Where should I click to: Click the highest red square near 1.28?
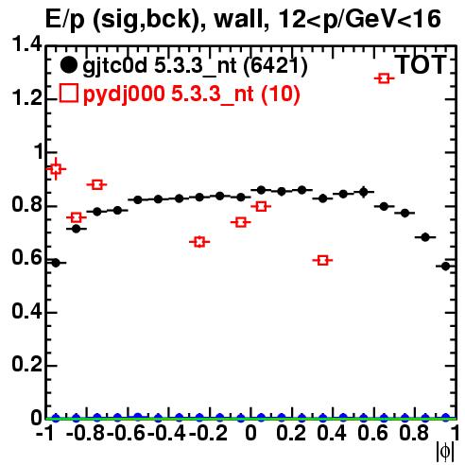tap(384, 78)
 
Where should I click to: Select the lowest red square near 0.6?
tap(322, 260)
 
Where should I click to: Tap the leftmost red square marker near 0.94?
tap(56, 169)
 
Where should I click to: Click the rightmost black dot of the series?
tap(445, 267)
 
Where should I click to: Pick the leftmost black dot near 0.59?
tap(56, 263)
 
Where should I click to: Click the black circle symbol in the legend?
tap(68, 65)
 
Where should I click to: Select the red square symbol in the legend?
tap(69, 94)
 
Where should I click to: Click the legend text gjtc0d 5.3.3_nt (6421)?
tap(195, 66)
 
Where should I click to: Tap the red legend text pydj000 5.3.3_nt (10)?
tap(192, 95)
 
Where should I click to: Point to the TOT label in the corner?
tap(421, 64)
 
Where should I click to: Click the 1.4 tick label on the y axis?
tap(26, 44)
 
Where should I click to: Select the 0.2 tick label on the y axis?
tap(26, 365)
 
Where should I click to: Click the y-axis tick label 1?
tap(37, 151)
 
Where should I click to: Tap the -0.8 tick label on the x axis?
tap(85, 433)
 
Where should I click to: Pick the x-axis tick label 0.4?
tap(331, 433)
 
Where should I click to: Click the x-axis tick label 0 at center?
tap(250, 433)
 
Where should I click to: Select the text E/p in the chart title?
tap(66, 21)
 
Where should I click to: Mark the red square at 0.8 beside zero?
tap(261, 207)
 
